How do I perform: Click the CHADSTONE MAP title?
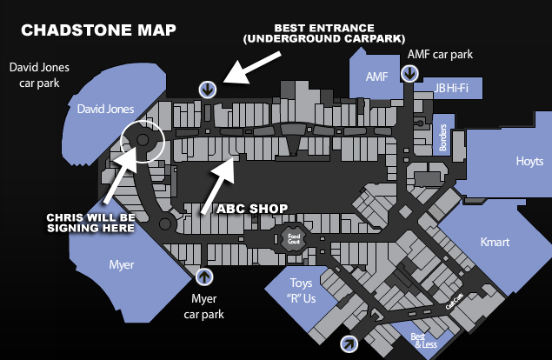pos(98,30)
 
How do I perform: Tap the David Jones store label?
pos(105,109)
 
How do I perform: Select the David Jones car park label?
pos(37,75)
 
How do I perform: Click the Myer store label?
pos(121,264)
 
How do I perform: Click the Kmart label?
pos(495,241)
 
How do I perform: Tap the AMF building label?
pos(376,77)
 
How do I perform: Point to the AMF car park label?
pos(440,54)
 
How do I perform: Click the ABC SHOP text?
pos(251,209)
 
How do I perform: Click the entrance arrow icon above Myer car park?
pos(205,277)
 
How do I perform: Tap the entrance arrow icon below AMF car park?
pos(409,74)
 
